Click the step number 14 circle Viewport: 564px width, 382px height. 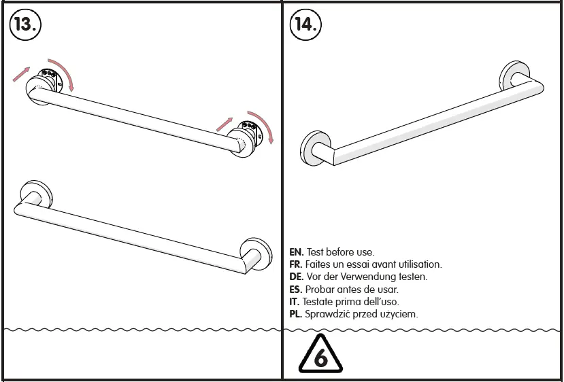(306, 24)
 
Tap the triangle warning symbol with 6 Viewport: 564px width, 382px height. (320, 355)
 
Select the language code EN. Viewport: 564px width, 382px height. (296, 252)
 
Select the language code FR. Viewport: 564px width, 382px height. (296, 264)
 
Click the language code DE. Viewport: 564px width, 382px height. (296, 277)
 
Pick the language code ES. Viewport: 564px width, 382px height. (296, 290)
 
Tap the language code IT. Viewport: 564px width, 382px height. (295, 302)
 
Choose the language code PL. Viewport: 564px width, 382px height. (296, 314)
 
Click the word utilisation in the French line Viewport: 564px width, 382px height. (417, 264)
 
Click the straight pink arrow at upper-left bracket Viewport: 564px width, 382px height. (21, 75)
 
